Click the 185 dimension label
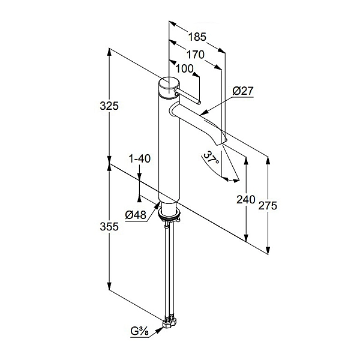point(197,37)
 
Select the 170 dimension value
point(196,55)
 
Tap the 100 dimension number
point(185,68)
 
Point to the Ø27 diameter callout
point(243,91)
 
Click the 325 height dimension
point(109,106)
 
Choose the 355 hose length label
point(109,227)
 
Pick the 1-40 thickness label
point(140,158)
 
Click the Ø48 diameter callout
point(136,215)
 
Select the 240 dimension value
point(246,200)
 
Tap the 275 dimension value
point(268,205)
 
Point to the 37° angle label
point(211,158)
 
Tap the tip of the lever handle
point(199,103)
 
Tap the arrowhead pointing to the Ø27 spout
point(204,113)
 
